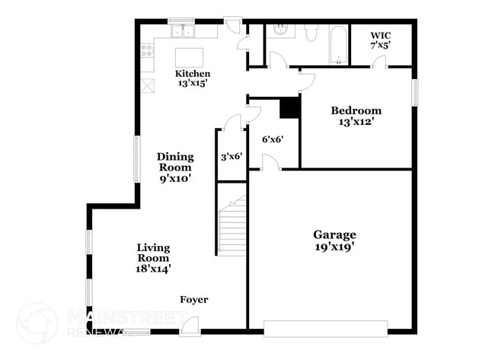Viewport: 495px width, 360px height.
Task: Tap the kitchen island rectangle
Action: pos(190,58)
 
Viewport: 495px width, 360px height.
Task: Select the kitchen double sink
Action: pos(182,31)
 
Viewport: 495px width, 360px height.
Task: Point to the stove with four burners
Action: pos(147,51)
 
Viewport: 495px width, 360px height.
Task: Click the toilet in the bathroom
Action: pos(311,32)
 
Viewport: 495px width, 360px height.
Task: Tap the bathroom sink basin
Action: pos(281,30)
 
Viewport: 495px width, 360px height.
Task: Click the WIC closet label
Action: pos(381,40)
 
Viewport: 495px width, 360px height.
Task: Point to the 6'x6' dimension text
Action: pos(273,139)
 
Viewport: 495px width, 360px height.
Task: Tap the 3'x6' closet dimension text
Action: pos(231,156)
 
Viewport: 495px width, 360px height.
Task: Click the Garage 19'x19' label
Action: pos(334,241)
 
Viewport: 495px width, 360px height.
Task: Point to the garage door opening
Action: pos(325,329)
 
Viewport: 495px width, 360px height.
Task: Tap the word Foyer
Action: pos(193,300)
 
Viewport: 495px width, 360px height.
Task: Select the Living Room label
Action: pos(153,257)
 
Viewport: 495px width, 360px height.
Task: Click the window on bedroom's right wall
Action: pos(415,92)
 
